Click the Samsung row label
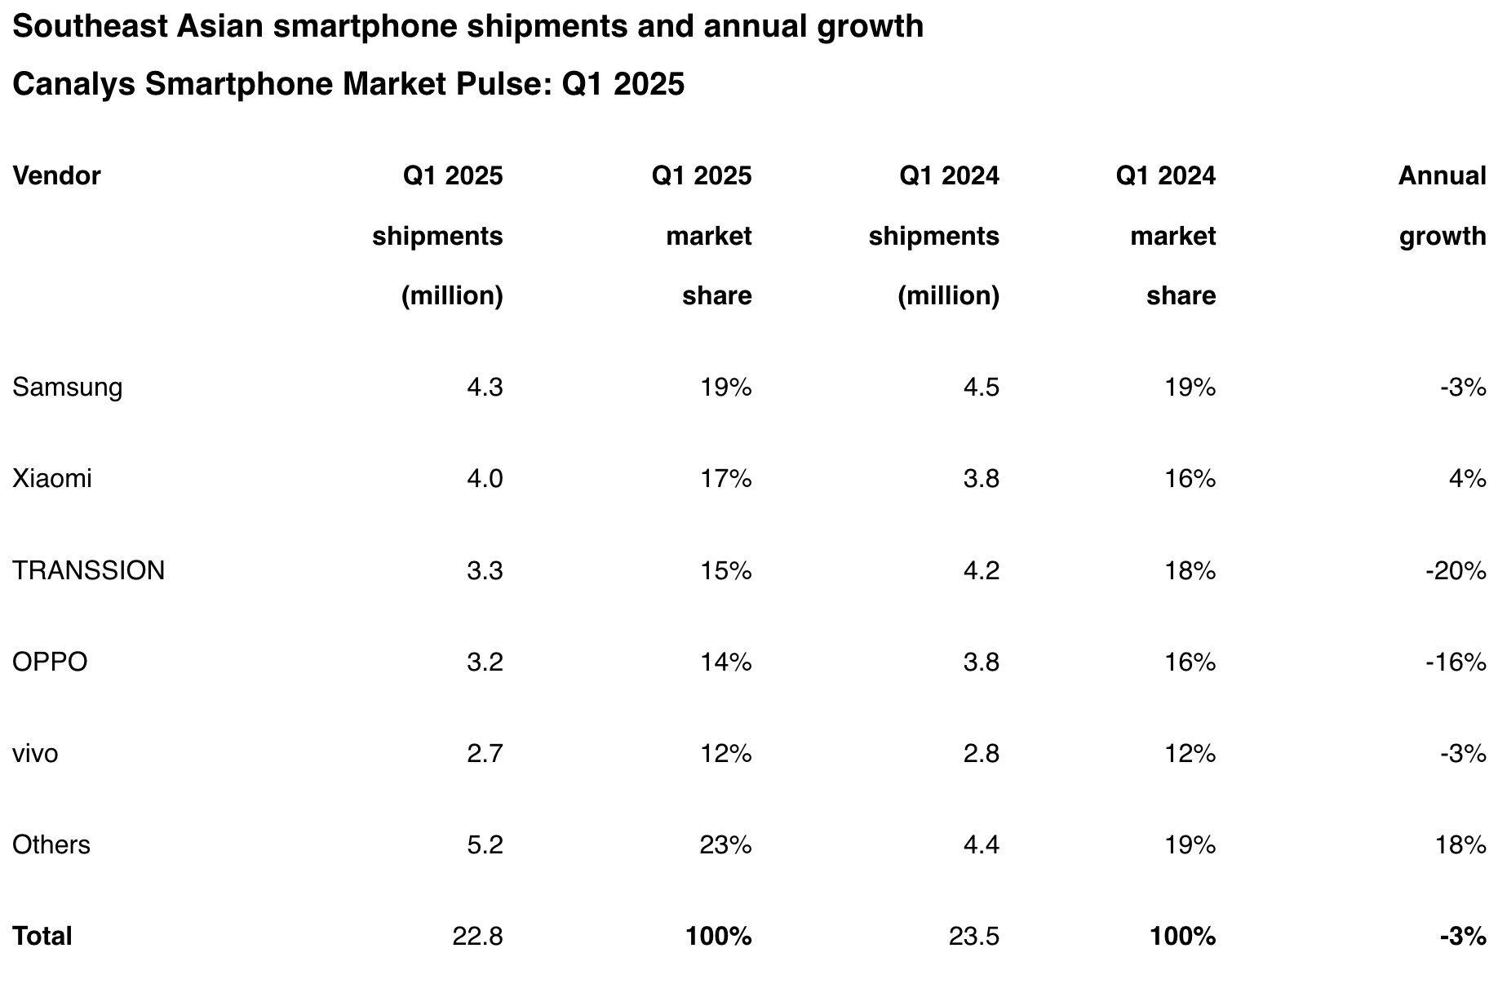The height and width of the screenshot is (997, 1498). [67, 388]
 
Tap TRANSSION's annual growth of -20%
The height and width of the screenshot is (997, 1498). [1456, 570]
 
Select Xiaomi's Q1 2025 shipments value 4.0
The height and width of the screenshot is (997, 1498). [485, 478]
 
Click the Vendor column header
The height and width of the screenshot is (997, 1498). [56, 176]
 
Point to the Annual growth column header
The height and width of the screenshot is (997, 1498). [1442, 206]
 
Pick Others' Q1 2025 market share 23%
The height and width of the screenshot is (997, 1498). [725, 844]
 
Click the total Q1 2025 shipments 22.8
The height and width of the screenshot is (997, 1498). [477, 936]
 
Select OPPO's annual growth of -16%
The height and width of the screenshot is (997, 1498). [1456, 662]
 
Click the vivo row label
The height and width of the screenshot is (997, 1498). [35, 753]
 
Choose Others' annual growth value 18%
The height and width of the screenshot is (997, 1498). [1460, 844]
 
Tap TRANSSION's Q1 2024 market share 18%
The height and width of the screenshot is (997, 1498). [1190, 570]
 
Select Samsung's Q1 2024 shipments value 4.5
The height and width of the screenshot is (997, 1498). [981, 388]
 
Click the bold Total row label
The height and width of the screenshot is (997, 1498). [42, 936]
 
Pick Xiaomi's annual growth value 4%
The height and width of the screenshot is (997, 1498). [1467, 478]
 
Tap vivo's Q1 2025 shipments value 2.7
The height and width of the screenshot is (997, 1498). [485, 753]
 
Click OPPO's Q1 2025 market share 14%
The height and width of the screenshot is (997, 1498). [725, 662]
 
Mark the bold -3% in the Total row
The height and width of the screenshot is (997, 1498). [1463, 936]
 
